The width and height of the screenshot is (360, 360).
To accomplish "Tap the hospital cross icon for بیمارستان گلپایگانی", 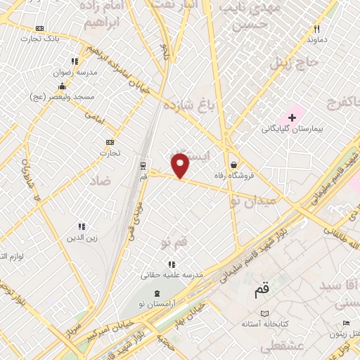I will (292, 117).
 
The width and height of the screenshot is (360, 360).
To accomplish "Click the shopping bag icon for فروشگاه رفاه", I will (233, 146).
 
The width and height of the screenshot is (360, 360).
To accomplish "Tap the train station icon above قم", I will (143, 167).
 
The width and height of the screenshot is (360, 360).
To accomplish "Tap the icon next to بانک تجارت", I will (39, 28).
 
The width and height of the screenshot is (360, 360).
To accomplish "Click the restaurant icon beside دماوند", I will (316, 29).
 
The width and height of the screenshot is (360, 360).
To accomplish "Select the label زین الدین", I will (79, 238).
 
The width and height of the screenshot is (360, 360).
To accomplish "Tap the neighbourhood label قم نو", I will (174, 243).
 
